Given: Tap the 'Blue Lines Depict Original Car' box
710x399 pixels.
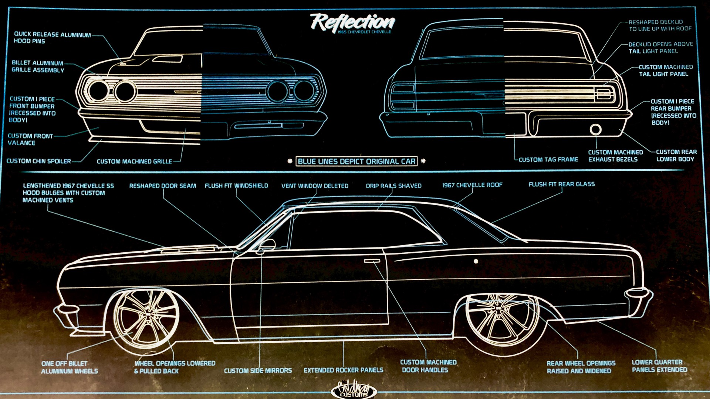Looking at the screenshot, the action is (x=356, y=162).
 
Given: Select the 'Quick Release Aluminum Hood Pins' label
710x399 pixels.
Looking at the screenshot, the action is (x=52, y=37).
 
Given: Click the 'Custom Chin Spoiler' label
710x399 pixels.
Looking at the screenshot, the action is (x=38, y=161).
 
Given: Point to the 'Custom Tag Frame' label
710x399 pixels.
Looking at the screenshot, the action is (x=548, y=160).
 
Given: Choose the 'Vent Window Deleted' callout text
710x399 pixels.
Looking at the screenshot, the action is (x=315, y=186).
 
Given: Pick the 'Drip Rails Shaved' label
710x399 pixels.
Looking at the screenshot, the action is (x=393, y=186).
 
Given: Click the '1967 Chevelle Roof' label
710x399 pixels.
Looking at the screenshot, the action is (x=472, y=185).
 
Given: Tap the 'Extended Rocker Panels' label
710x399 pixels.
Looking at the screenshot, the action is (x=343, y=370).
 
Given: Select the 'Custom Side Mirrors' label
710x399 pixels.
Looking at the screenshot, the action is (x=258, y=370).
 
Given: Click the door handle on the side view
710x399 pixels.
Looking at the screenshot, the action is (x=372, y=261).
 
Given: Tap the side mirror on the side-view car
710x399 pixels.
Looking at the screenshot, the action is (x=267, y=245).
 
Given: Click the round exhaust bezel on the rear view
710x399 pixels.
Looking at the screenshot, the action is (x=595, y=130).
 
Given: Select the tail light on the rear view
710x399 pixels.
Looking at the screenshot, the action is (x=603, y=94).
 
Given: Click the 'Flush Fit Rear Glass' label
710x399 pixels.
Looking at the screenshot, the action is (x=561, y=184).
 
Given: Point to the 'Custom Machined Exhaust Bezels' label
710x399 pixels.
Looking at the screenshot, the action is (x=615, y=156).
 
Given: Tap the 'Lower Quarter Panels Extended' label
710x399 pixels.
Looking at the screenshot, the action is (x=659, y=366).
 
